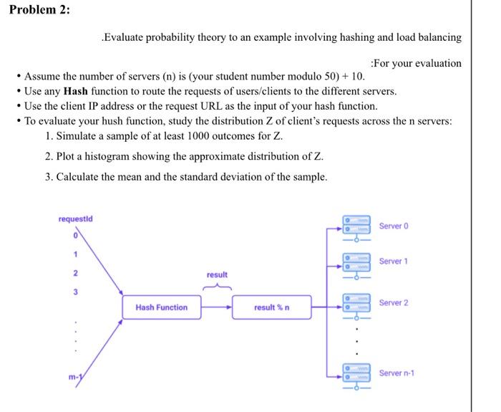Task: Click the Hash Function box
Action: [161, 307]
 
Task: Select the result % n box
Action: [271, 307]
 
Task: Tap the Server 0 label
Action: [393, 226]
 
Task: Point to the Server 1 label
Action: [393, 262]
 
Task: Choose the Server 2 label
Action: [393, 303]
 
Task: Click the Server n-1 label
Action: [396, 373]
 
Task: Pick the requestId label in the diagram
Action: [75, 218]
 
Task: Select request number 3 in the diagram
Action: [73, 292]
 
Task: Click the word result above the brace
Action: [217, 275]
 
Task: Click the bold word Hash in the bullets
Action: [76, 92]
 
